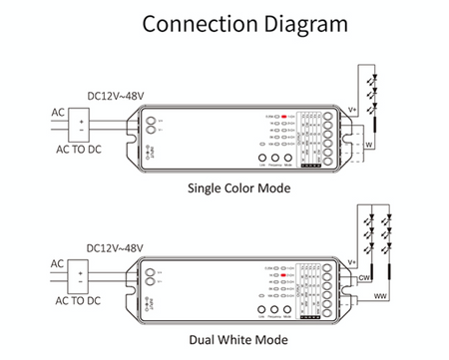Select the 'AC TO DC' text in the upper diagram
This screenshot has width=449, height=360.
76,150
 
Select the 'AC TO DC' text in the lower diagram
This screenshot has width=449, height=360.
76,299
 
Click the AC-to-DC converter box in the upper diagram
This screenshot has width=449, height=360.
83,125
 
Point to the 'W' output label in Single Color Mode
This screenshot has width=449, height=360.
367,146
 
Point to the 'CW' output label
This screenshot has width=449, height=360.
365,277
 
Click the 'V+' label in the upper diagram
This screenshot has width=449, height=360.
352,113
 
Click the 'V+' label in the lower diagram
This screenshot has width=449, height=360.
352,261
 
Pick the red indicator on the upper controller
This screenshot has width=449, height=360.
284,118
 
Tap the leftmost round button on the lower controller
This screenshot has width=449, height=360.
262,308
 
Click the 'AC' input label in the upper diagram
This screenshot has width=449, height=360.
58,112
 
